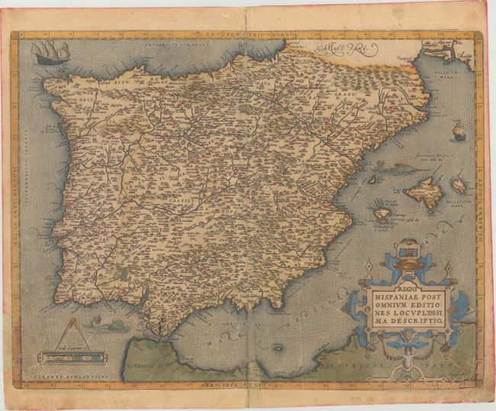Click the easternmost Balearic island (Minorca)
(x=458, y=185)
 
